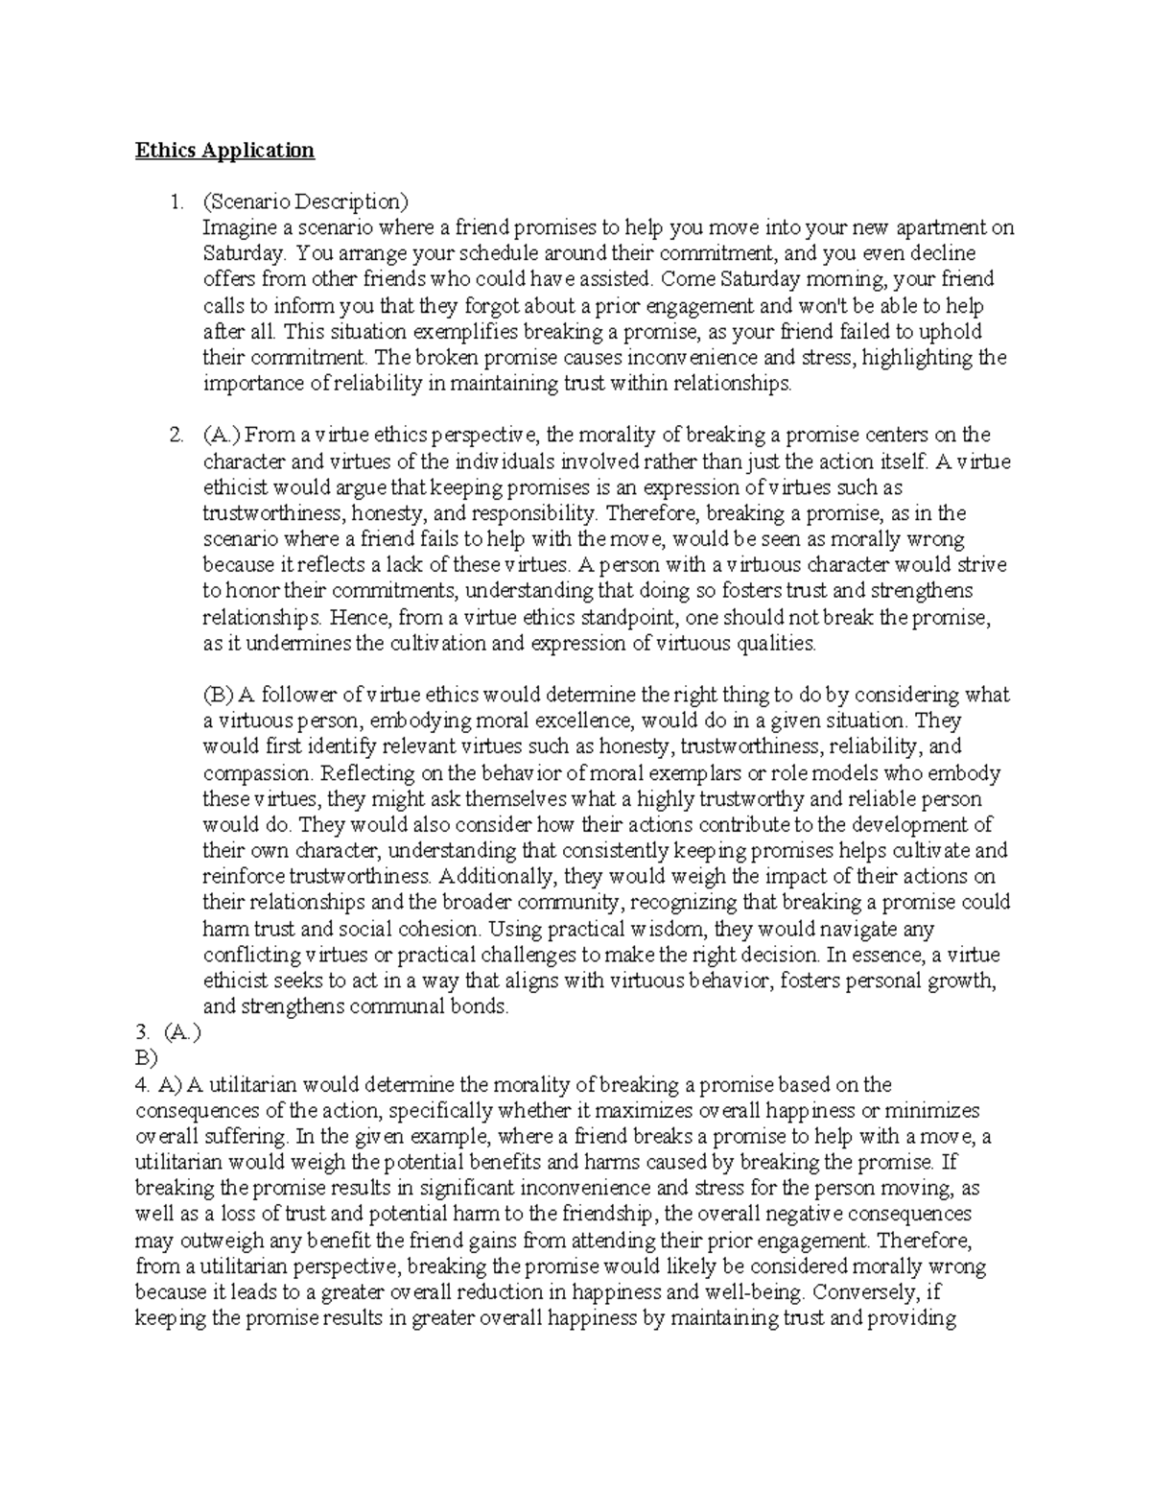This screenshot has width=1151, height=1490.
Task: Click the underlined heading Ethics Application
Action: (x=224, y=150)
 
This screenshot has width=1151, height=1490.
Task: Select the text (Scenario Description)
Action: (x=305, y=201)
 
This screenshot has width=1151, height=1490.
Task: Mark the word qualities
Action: (x=774, y=643)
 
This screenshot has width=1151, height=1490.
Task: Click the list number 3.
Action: (x=142, y=1033)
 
